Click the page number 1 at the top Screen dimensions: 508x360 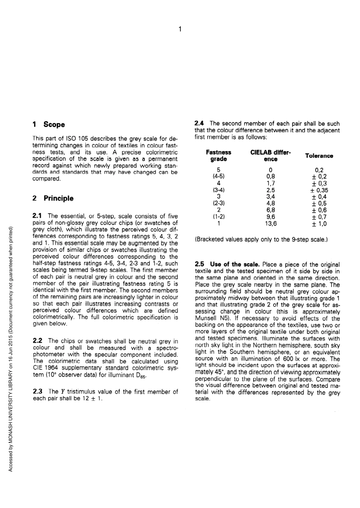coord(180,29)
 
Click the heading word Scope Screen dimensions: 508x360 coord(54,125)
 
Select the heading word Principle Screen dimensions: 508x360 coord(58,199)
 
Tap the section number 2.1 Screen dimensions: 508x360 coord(37,216)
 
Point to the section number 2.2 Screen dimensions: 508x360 coord(38,341)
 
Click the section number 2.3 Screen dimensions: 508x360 coord(38,391)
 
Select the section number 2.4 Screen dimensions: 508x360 coord(199,123)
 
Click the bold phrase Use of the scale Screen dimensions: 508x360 coord(235,264)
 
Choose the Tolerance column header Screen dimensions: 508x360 coord(319,156)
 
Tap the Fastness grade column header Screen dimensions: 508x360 coord(218,156)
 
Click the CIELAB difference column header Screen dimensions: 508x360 coord(271,156)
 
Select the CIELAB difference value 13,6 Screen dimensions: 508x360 coord(271,224)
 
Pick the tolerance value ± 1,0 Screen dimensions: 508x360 coord(319,224)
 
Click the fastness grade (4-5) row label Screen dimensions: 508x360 coord(218,177)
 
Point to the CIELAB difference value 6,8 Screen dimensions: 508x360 coord(271,210)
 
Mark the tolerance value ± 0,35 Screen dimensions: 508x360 coord(319,190)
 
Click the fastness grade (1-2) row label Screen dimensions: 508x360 coord(218,217)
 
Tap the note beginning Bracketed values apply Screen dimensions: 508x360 coord(261,239)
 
